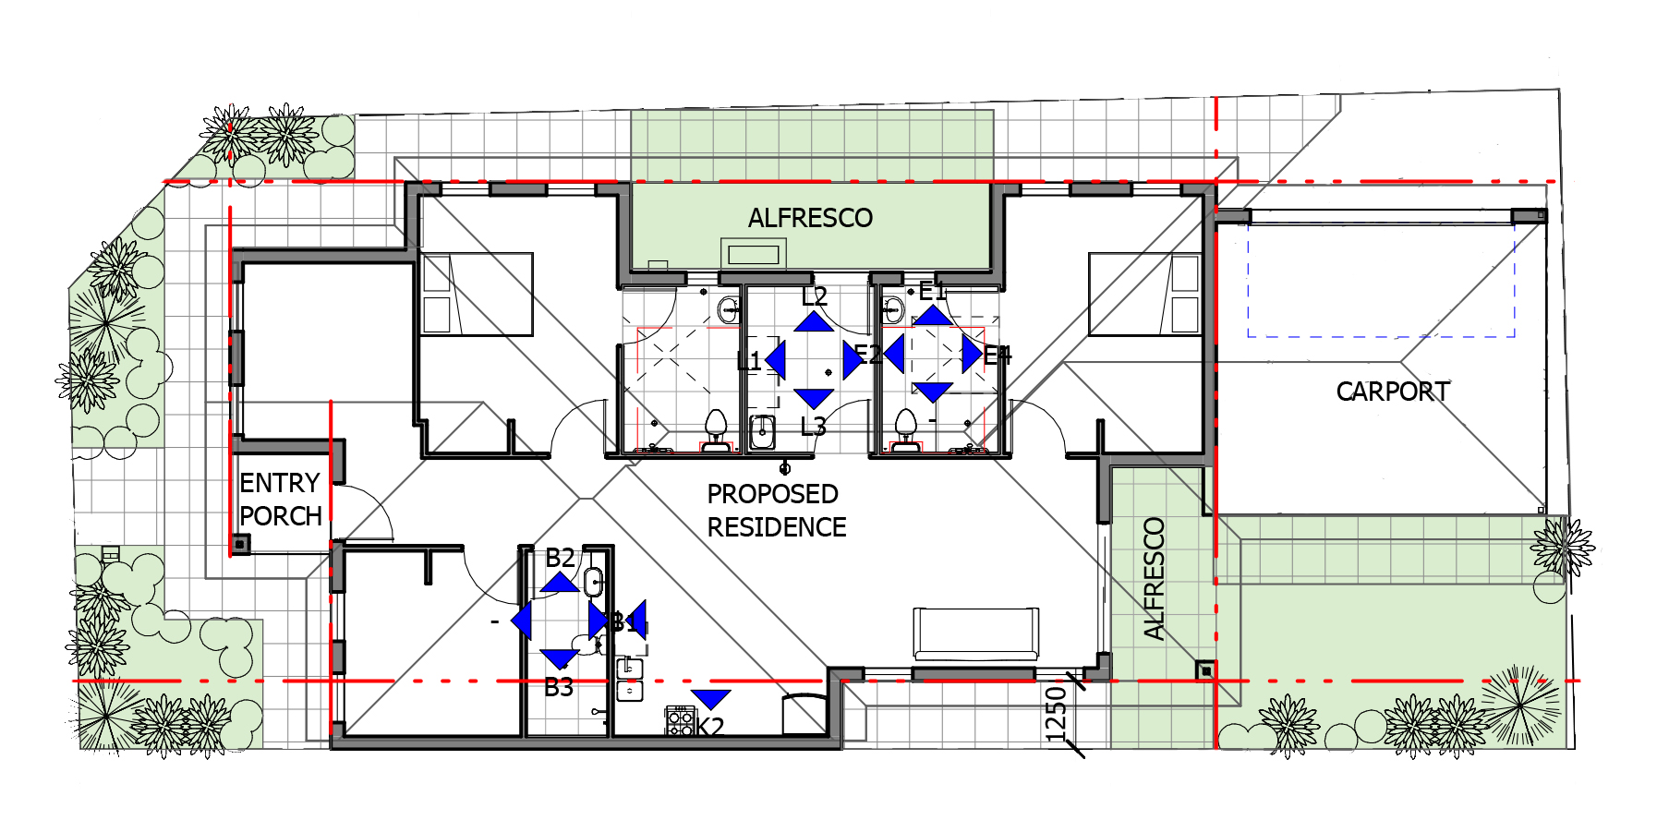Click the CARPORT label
pos(1392,392)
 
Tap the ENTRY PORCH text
pos(280,500)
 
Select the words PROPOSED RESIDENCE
pos(776,511)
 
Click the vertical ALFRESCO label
pos(1154,579)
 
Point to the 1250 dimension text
pos(1056,714)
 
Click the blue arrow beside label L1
pos(776,360)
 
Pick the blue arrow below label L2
pos(814,321)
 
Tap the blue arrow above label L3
pos(814,398)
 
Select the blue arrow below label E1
pos(933,316)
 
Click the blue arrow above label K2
pos(710,699)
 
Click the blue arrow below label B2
pos(560,583)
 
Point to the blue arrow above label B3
pos(559,658)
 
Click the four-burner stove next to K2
pos(680,720)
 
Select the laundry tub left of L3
pos(762,431)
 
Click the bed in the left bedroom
pos(477,294)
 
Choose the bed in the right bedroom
pos(1144,294)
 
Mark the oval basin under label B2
pos(593,582)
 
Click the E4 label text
pos(998,356)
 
